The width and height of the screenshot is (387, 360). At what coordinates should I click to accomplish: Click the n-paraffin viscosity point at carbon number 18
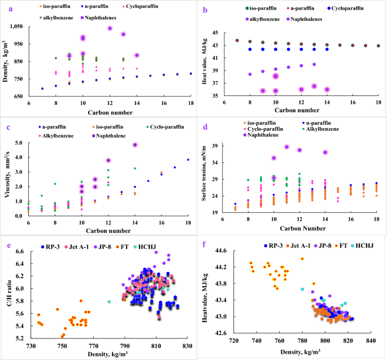[x=188, y=159]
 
